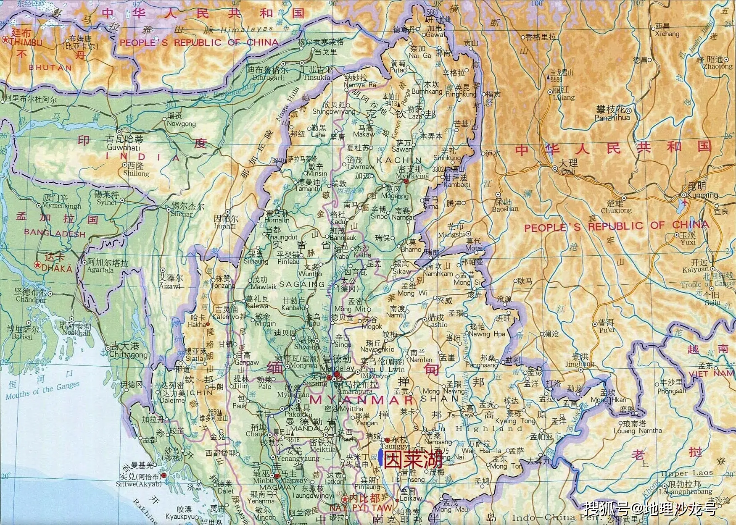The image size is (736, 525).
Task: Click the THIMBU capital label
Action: tap(26, 42)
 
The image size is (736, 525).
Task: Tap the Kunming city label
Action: tap(702, 195)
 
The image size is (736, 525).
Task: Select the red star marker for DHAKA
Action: tap(38, 265)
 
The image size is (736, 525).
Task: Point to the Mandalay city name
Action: tap(337, 368)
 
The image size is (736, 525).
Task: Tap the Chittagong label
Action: tap(129, 354)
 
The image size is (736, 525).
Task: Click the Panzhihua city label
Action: tap(612, 118)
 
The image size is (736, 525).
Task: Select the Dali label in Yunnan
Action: tap(568, 172)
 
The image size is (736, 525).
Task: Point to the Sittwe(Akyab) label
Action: tap(139, 484)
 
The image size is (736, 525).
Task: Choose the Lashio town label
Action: tap(437, 324)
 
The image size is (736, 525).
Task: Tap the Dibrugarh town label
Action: tap(268, 78)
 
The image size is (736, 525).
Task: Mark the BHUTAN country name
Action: tap(50, 68)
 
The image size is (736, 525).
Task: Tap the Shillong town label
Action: tap(136, 173)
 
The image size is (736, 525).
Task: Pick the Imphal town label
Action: tap(225, 226)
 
